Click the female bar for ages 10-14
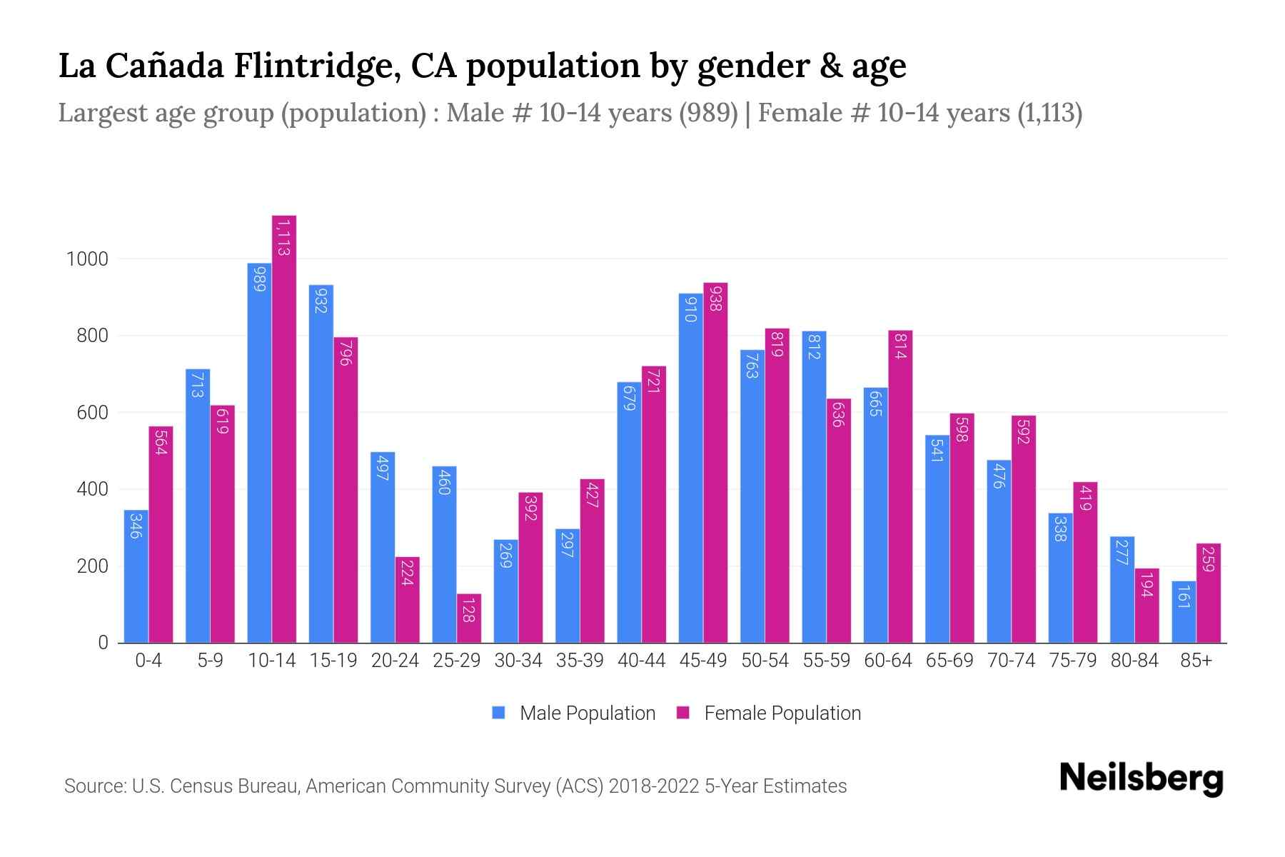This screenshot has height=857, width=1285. pos(283,428)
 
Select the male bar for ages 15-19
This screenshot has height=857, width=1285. pos(321,464)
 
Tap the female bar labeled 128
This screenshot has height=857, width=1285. pos(468,618)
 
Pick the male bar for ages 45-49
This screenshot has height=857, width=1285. pos(690,468)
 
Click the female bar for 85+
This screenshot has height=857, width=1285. pos(1208,593)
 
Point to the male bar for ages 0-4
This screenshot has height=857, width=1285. pos(136,576)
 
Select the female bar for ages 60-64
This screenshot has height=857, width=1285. pos(899,486)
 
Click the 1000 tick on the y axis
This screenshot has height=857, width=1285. pos(87,259)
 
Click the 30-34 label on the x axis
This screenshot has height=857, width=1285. pos(518,661)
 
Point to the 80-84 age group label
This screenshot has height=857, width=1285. pos(1134,661)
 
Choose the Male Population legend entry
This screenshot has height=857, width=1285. pos(587,713)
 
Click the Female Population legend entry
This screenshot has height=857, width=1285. pos(782,713)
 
